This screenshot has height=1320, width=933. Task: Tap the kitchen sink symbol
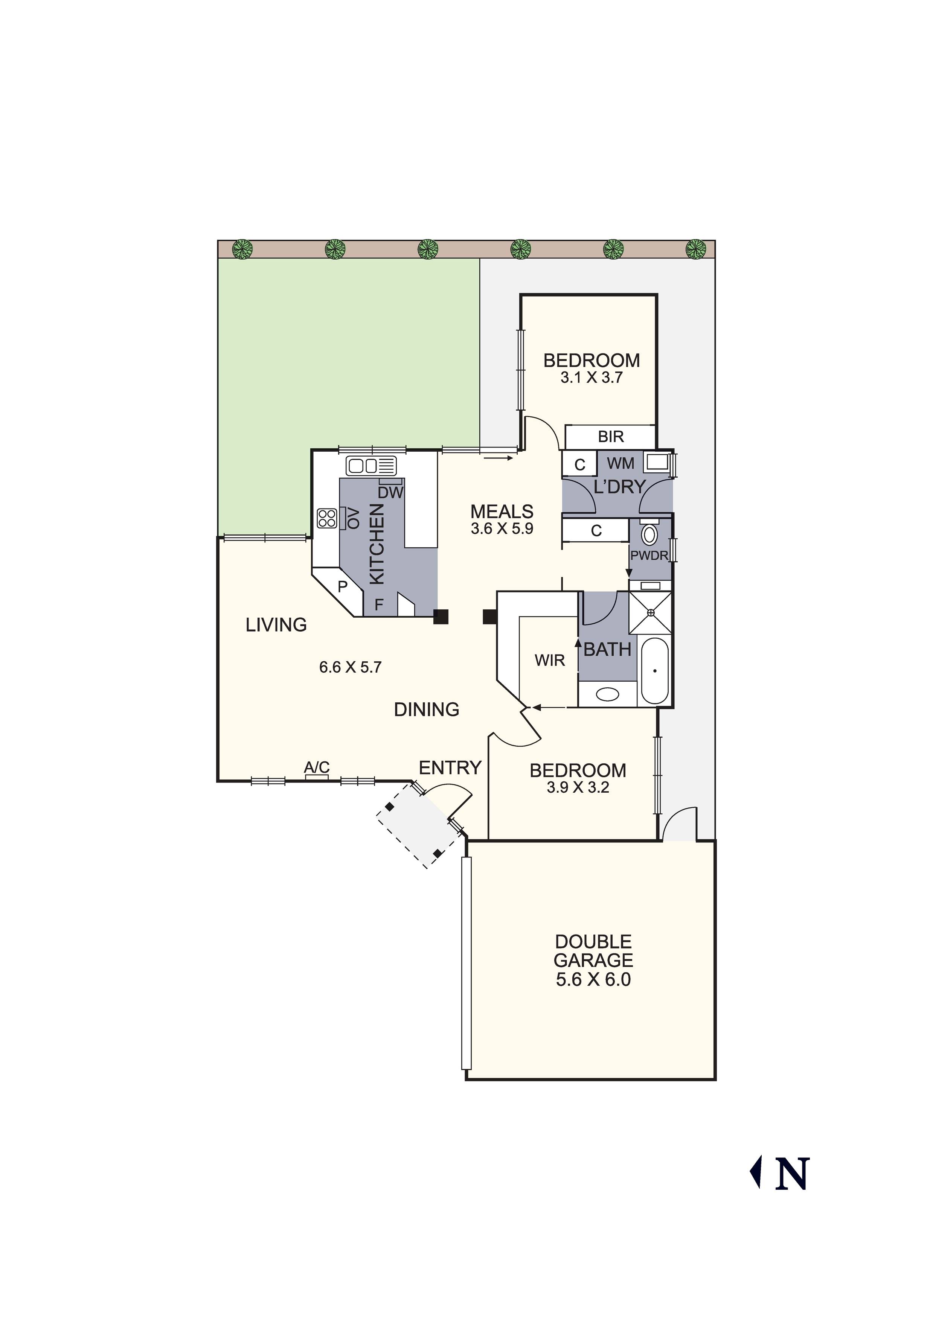371,465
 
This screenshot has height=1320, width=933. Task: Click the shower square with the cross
650,612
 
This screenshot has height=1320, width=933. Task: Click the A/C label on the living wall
316,767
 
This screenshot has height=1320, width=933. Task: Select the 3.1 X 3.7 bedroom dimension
592,378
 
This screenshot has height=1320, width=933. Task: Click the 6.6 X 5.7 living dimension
350,667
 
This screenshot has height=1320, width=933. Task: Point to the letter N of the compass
792,1174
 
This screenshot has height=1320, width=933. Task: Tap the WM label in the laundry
620,463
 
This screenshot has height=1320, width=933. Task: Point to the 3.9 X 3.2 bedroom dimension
578,787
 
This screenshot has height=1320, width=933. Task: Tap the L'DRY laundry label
619,487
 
